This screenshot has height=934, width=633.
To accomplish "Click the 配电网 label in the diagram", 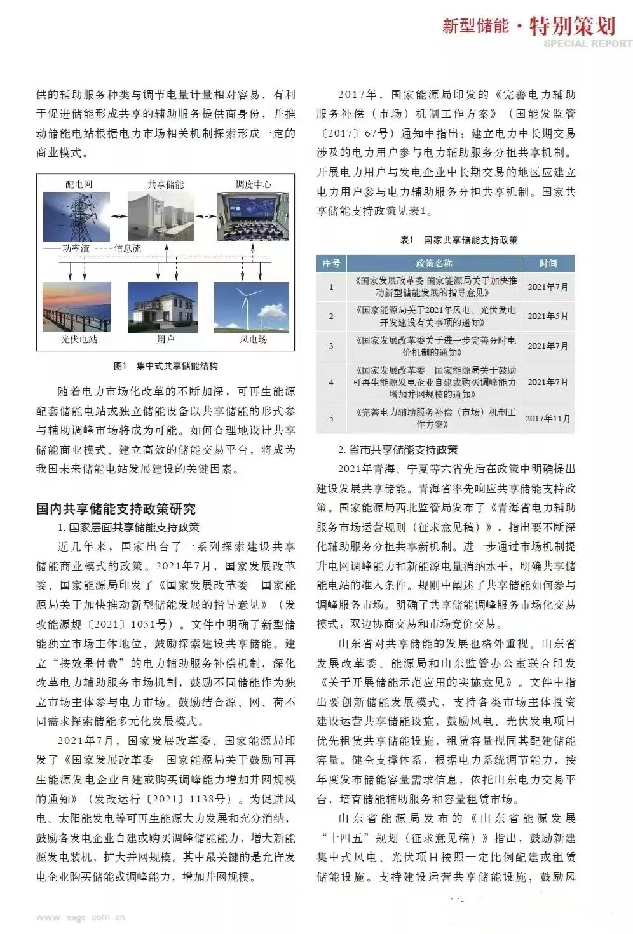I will pos(79,185).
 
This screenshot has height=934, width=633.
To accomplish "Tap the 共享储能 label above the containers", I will pos(166,185).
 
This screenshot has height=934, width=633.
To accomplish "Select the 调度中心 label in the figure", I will pos(254,185).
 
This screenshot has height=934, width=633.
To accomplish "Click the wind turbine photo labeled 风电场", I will pos(252,307).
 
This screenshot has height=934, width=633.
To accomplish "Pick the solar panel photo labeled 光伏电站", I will pos(76,307).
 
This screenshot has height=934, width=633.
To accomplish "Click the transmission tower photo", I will pos(76,216).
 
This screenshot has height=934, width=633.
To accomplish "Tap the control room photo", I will pos(252,216).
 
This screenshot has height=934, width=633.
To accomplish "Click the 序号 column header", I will pos(331,263).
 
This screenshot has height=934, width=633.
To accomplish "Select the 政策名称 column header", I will pos(435,263).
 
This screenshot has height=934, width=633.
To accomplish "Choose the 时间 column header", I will pos(548,263).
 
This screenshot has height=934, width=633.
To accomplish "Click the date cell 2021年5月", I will pos(548,316).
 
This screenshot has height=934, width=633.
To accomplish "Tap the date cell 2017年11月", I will pos(548,418).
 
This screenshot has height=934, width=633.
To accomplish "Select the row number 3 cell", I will pos(331,346).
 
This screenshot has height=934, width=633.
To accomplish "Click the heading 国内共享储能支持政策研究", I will pos(116,509).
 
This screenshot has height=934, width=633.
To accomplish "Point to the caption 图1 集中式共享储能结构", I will pos(166,366).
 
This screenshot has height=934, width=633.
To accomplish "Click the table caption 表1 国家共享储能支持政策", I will pos(459,240).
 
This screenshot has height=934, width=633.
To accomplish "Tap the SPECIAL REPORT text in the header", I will pos(588,44).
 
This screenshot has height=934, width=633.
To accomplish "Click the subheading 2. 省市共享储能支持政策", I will pos(398,450).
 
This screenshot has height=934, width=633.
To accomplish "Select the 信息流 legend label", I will pos(128,248).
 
